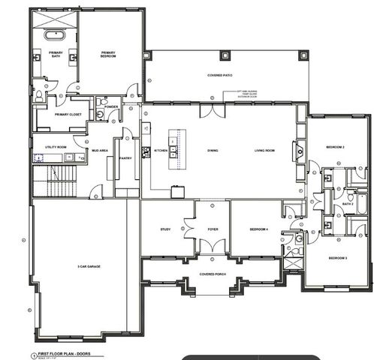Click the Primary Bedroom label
click(110, 54)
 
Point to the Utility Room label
click(56, 147)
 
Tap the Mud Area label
click(100, 151)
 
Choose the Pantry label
click(125, 158)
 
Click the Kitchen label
click(161, 151)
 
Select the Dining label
click(213, 151)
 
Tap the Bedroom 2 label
click(335, 147)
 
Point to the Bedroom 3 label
click(336, 258)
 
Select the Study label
click(166, 229)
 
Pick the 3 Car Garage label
click(89, 266)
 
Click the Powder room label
click(112, 106)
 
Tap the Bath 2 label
click(348, 203)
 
